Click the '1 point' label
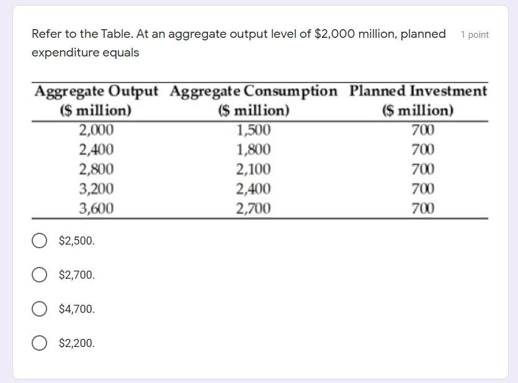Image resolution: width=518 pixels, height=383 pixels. [x=475, y=35]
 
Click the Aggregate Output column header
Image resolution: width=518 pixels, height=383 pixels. [x=96, y=101]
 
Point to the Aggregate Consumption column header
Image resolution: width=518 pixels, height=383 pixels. [x=254, y=101]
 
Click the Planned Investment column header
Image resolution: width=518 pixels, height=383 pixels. [x=418, y=101]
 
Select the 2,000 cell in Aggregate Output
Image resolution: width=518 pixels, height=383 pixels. [x=96, y=130]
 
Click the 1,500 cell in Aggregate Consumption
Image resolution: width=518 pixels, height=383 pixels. [x=254, y=130]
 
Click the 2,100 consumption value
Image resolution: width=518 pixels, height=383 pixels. [x=254, y=169]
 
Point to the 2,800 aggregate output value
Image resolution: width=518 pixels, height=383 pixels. [x=96, y=169]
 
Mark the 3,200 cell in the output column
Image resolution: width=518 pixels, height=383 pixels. [x=96, y=189]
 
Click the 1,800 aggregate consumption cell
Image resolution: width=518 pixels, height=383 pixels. [x=254, y=150]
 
